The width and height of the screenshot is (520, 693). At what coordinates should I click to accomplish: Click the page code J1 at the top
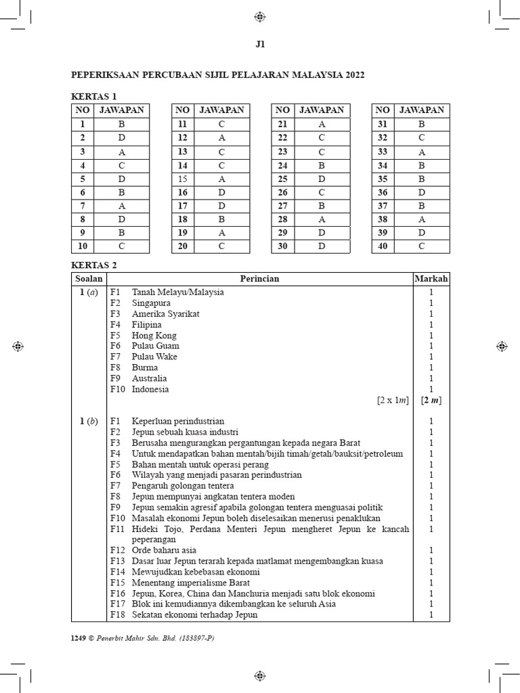click(x=260, y=45)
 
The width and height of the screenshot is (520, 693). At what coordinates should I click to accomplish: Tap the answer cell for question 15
click(x=221, y=179)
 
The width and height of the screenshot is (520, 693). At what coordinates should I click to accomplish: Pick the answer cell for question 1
click(x=121, y=124)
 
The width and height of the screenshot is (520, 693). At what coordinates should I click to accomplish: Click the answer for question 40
click(x=421, y=246)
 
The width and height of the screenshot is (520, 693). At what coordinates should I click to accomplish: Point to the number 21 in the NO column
click(x=282, y=124)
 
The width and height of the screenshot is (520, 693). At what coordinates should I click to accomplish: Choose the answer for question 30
click(x=321, y=246)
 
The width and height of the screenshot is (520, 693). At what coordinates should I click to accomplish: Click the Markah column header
click(x=431, y=279)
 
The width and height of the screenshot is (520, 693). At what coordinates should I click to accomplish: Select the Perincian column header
click(x=259, y=279)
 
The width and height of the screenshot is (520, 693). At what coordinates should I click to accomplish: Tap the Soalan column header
click(x=89, y=279)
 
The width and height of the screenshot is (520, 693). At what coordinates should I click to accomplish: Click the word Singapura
click(x=151, y=303)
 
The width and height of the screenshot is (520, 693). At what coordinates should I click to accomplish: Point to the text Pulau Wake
click(x=155, y=357)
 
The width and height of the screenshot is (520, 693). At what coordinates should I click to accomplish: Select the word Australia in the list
click(x=149, y=378)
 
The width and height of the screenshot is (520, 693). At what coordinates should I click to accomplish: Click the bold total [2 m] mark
click(x=431, y=401)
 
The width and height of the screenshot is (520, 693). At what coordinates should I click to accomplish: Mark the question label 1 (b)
click(x=88, y=421)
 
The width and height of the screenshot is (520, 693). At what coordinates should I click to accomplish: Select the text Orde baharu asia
click(x=164, y=550)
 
